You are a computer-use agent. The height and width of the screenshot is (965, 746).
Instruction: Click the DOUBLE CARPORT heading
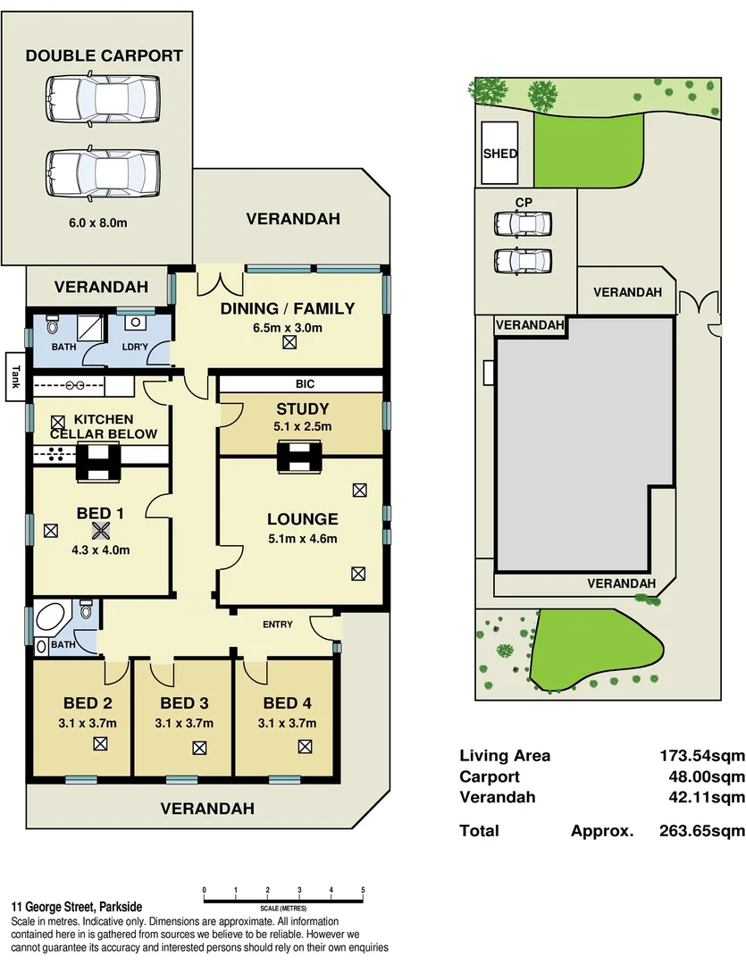tap(104, 55)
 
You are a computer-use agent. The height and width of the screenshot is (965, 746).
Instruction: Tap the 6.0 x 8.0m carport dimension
tap(99, 222)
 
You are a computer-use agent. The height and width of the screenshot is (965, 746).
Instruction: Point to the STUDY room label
tap(302, 410)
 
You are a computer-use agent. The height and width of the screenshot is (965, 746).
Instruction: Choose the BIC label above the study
tap(303, 383)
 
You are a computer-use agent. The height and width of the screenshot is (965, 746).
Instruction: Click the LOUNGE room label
tap(302, 519)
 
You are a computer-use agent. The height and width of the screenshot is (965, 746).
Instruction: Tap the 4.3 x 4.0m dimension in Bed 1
tap(101, 550)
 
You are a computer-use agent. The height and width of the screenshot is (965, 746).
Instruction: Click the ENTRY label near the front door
tap(277, 625)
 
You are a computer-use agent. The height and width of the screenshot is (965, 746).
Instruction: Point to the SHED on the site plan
tap(500, 154)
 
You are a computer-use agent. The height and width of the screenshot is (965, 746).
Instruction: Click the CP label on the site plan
tap(524, 203)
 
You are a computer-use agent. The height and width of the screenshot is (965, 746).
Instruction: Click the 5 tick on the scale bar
tap(363, 890)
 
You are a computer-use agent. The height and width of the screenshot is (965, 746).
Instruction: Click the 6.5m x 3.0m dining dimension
tap(288, 328)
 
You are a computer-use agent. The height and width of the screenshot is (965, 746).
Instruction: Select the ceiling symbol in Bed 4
tap(305, 746)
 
